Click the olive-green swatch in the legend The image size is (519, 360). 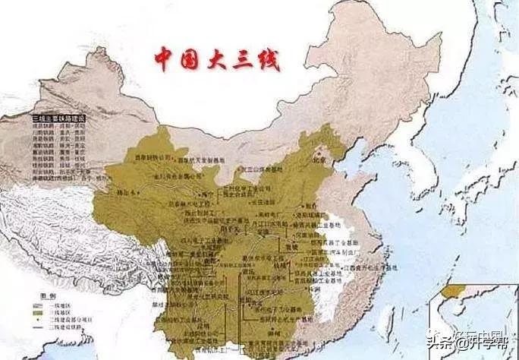(x=37, y=313)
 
